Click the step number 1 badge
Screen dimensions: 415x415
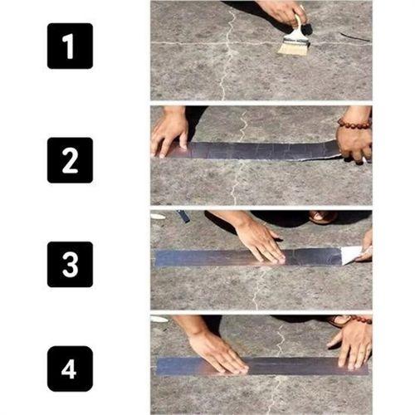click(70, 46)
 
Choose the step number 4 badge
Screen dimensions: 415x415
click(70, 368)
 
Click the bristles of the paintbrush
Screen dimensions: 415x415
click(293, 45)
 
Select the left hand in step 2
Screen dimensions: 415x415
click(169, 131)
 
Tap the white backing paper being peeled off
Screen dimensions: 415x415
click(352, 254)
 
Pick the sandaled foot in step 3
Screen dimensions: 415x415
click(323, 217)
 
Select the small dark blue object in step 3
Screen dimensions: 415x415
click(183, 216)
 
